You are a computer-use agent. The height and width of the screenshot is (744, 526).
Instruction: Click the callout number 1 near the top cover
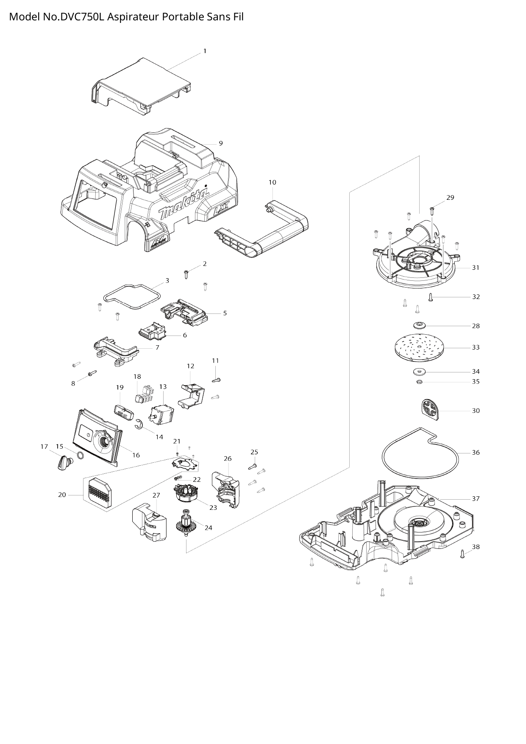pyautogui.click(x=205, y=51)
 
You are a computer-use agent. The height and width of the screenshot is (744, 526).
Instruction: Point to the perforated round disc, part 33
pyautogui.click(x=418, y=347)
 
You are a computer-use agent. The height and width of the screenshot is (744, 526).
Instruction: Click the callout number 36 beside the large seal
pyautogui.click(x=476, y=453)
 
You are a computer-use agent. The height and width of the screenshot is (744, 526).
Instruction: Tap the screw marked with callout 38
pyautogui.click(x=462, y=554)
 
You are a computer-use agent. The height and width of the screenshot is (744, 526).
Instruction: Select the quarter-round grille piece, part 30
pyautogui.click(x=429, y=410)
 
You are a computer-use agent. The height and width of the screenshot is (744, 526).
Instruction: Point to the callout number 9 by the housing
pyautogui.click(x=220, y=143)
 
